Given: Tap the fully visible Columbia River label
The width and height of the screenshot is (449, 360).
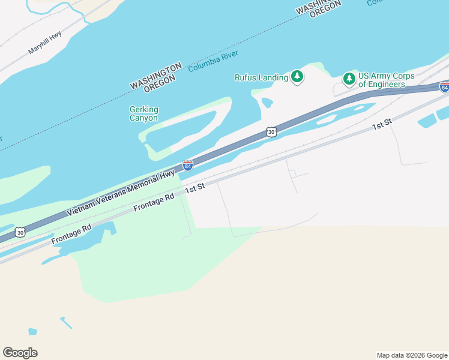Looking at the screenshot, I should pyautogui.click(x=213, y=61).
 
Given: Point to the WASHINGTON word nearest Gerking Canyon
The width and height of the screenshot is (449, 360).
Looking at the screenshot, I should pyautogui.click(x=155, y=75).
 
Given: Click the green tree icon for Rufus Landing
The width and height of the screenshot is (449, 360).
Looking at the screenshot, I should pyautogui.click(x=297, y=76).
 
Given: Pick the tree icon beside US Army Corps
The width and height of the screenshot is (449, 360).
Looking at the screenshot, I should pyautogui.click(x=349, y=79).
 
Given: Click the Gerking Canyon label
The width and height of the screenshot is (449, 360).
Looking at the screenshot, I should pyautogui.click(x=144, y=113).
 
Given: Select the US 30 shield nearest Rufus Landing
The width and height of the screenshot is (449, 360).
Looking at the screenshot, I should pyautogui.click(x=271, y=131).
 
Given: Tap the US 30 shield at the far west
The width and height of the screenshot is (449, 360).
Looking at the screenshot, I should pyautogui.click(x=20, y=232).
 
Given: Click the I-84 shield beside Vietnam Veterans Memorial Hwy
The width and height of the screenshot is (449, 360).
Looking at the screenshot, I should pyautogui.click(x=188, y=165).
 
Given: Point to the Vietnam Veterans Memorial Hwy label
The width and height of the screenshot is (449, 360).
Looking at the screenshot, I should pyautogui.click(x=121, y=193).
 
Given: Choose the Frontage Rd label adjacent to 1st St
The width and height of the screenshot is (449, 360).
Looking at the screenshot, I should pyautogui.click(x=154, y=200).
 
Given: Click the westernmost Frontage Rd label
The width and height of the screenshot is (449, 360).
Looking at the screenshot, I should pyautogui.click(x=71, y=234).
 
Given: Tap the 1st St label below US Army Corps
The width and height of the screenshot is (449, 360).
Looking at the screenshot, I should pyautogui.click(x=382, y=124).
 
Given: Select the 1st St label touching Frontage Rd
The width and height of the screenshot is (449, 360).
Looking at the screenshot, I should pyautogui.click(x=195, y=188).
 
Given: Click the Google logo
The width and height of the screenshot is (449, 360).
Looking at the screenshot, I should pyautogui.click(x=20, y=352).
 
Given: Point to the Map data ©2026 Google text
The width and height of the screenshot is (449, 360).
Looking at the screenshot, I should pyautogui.click(x=411, y=355).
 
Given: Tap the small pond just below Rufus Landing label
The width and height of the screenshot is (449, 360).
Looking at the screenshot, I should pyautogui.click(x=267, y=103).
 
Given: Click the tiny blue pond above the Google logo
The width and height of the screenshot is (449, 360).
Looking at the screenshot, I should pyautogui.click(x=32, y=331).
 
